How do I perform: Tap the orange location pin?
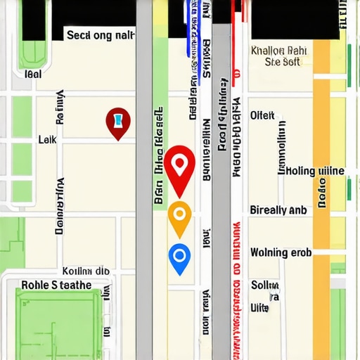(x=179, y=217)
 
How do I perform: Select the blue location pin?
(x=180, y=257)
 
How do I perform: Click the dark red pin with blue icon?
(x=119, y=123)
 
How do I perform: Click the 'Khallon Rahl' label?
(x=278, y=51)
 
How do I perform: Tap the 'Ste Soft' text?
(x=282, y=62)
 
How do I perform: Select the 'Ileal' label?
(x=32, y=73)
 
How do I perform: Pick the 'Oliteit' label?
(x=263, y=115)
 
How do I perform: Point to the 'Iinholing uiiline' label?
(x=311, y=170)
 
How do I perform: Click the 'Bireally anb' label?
(x=278, y=210)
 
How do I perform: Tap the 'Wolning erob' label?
(x=281, y=252)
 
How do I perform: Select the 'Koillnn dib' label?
(x=86, y=271)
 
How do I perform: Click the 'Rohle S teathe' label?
(x=56, y=285)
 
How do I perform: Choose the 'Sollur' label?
(x=265, y=285)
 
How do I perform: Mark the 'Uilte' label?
(x=260, y=308)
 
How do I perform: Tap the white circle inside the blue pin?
(x=180, y=253)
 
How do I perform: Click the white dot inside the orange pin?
(x=179, y=212)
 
